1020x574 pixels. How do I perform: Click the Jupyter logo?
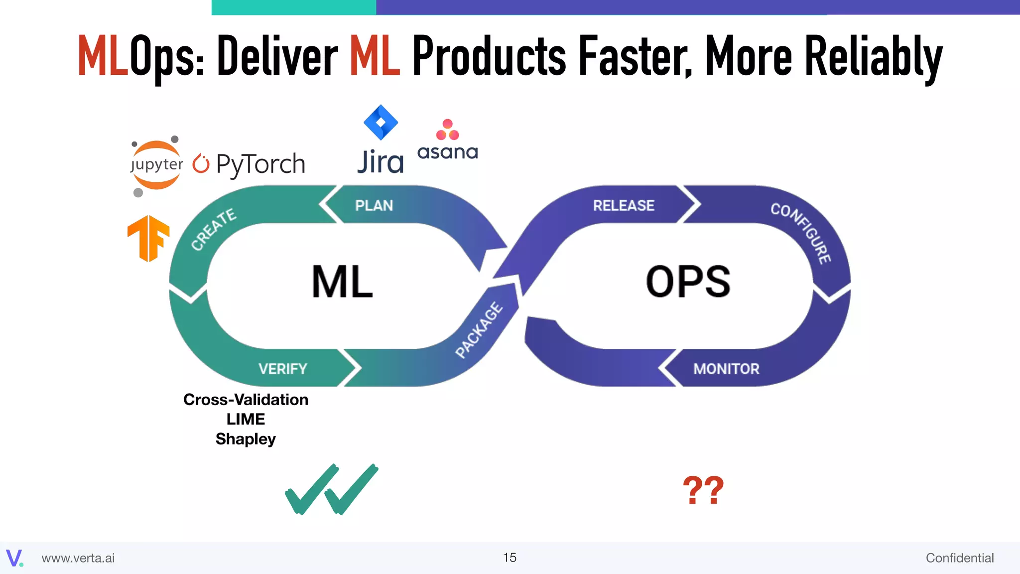click(x=156, y=165)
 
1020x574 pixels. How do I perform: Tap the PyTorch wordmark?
click(x=260, y=164)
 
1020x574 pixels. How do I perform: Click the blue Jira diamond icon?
click(x=381, y=122)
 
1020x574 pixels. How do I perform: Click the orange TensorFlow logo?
click(x=148, y=238)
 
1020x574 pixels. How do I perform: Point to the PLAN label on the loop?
click(x=374, y=205)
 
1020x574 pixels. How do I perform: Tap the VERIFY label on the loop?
click(x=282, y=369)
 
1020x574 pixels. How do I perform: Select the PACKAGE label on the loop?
click(x=479, y=330)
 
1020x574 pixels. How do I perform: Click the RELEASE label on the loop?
click(x=624, y=205)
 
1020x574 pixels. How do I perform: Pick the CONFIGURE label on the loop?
click(x=801, y=233)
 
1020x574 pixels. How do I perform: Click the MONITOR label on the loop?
click(x=726, y=369)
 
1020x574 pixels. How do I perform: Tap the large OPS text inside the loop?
click(x=688, y=282)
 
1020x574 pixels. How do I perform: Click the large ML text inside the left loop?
click(x=342, y=282)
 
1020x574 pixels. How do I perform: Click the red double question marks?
click(x=703, y=490)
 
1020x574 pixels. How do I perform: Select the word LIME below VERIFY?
click(x=246, y=419)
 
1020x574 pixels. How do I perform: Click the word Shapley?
click(x=246, y=439)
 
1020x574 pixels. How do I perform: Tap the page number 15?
click(x=510, y=558)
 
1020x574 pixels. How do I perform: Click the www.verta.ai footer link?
click(x=78, y=558)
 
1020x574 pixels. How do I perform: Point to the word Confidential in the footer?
click(x=959, y=558)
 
